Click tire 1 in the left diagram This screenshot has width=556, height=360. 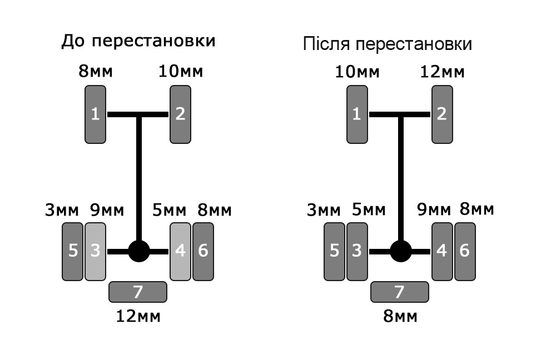pos(96,114)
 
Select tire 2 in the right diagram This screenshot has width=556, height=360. pos(442,114)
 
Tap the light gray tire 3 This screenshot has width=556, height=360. pos(96,252)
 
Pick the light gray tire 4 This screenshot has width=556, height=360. pos(181,252)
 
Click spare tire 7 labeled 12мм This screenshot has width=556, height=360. pos(137,292)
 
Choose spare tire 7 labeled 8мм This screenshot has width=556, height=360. pos(400,292)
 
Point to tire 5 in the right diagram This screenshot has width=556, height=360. pos(334,252)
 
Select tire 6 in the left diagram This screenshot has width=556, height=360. pos(203,252)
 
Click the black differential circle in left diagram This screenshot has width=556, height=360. pos(139,251)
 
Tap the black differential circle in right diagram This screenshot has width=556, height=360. pos(401,251)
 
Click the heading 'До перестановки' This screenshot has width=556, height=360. pos(138,41)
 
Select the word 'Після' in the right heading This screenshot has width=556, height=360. pos(326,44)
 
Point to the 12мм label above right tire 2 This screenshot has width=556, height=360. pos(442,72)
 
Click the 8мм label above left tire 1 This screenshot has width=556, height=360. pos(96,71)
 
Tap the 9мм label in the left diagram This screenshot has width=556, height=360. pos(107,210)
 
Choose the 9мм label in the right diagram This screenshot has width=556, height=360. pos(434,210)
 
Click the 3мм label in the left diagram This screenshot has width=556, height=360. pos(62,210)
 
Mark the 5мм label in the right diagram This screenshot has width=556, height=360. pos(369,210)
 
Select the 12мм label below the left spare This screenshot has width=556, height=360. pos(138,316)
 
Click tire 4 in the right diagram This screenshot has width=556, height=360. pos(442,252)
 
